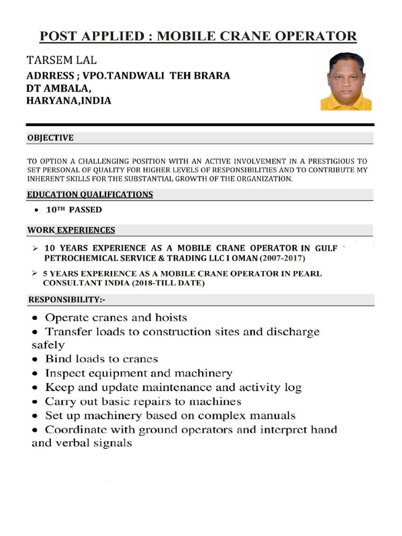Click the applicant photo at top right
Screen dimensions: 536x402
346,81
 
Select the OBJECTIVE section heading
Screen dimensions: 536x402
50,138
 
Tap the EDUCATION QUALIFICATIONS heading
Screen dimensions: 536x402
90,195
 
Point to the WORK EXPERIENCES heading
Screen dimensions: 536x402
71,230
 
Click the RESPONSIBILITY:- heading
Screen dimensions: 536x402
66,300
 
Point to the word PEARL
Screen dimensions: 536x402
308,274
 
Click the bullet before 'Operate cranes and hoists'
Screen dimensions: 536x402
35,318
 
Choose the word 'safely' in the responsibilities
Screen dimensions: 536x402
48,345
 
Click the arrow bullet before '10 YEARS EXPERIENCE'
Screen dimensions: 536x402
35,248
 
